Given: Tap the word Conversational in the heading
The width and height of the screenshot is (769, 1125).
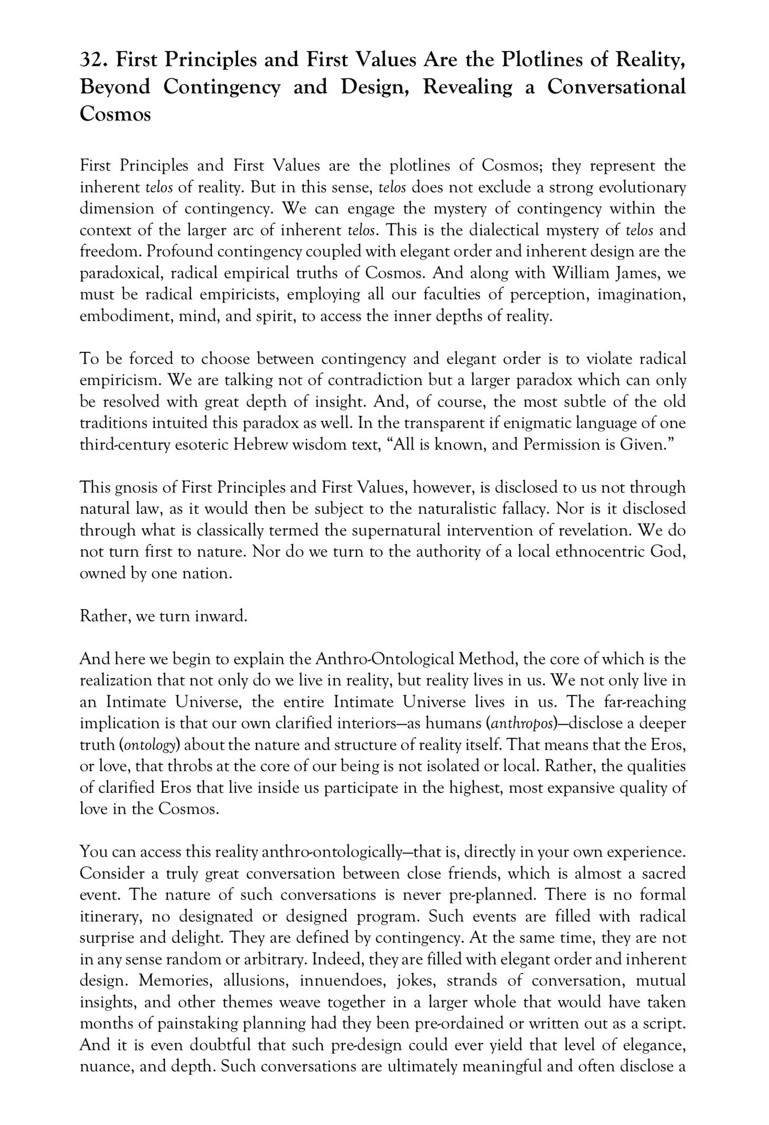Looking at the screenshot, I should (616, 87).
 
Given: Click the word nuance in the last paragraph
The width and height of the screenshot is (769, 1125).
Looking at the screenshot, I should (105, 1066).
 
